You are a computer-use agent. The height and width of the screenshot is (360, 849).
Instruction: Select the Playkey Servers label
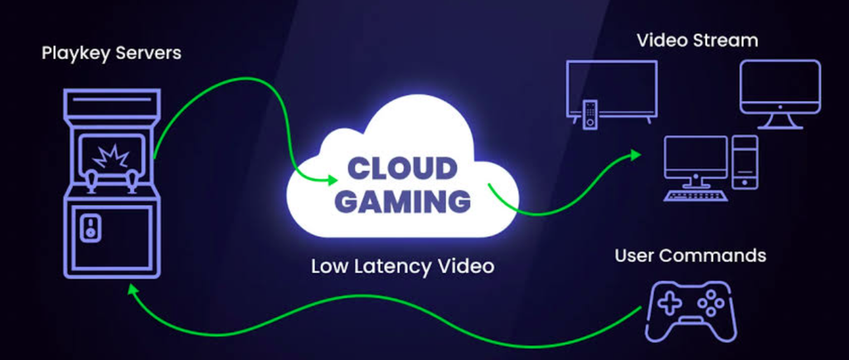112,54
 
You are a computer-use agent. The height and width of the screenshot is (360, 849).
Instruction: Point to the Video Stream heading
696,40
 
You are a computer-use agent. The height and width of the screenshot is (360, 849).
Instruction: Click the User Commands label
690,255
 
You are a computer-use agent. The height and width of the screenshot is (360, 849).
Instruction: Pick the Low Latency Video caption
402,265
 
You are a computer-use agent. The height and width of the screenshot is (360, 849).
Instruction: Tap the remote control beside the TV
589,114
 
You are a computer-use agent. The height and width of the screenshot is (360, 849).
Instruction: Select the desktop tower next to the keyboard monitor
745,163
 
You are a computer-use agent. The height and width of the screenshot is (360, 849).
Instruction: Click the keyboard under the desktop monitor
696,196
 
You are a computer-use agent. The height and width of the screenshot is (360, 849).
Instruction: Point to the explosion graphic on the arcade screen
110,157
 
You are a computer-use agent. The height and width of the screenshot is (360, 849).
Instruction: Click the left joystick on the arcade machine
93,181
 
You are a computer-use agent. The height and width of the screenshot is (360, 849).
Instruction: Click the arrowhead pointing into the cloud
332,180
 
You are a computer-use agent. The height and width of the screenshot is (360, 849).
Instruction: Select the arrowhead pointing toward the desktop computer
634,155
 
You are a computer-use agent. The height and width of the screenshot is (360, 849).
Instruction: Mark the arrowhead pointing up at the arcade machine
130,290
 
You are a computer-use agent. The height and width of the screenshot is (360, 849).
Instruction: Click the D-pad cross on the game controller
670,304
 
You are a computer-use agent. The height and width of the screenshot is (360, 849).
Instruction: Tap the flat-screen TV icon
612,89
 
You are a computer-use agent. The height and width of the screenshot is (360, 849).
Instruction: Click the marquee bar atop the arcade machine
112,102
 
